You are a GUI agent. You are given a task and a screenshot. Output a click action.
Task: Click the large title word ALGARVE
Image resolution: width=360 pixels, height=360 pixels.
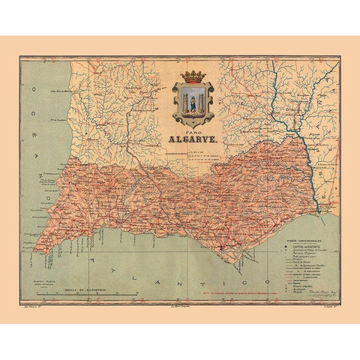[x=193, y=139]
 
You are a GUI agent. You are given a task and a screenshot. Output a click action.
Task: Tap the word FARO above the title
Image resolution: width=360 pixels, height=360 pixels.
[x=193, y=130]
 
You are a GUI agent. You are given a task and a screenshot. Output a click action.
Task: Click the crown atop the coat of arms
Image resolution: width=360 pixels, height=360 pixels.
[x=193, y=77]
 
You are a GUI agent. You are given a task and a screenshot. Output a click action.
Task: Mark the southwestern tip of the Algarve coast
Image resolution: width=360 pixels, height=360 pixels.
[x=34, y=250]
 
